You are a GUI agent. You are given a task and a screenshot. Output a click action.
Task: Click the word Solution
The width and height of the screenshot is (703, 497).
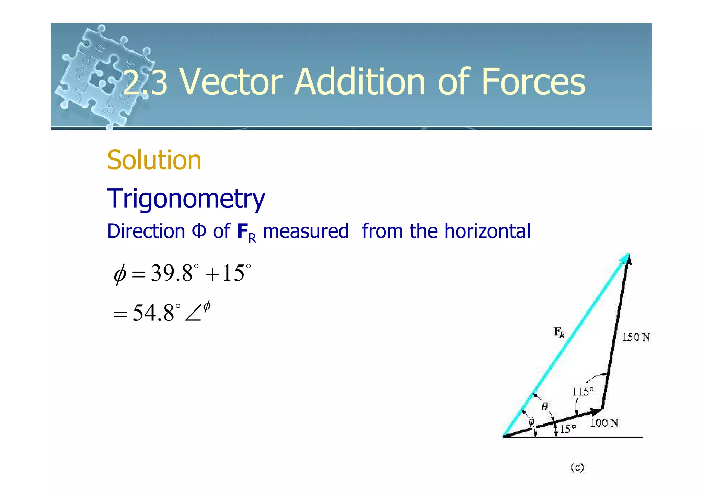154,160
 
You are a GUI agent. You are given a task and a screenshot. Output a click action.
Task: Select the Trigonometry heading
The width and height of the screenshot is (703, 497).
186,199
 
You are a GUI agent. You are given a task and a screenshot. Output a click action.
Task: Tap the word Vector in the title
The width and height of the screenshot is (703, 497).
231,82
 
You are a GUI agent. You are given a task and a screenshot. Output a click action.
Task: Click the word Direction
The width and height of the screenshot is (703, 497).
146,231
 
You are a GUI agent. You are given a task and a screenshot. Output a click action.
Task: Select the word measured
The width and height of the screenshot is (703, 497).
306,231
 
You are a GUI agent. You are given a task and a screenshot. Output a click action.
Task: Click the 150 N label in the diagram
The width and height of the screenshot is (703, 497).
636,337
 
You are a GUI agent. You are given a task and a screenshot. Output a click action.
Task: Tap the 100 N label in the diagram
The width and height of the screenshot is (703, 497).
604,423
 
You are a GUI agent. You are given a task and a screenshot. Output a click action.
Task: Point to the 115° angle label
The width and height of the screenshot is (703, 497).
583,392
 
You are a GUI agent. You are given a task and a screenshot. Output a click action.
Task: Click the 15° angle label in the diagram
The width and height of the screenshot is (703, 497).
568,429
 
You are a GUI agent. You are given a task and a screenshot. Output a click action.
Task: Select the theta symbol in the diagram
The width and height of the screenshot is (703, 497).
544,407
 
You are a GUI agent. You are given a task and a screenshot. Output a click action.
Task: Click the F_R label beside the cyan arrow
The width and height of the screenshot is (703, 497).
559,332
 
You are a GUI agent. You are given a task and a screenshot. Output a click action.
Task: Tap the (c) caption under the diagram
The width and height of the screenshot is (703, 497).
577,467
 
